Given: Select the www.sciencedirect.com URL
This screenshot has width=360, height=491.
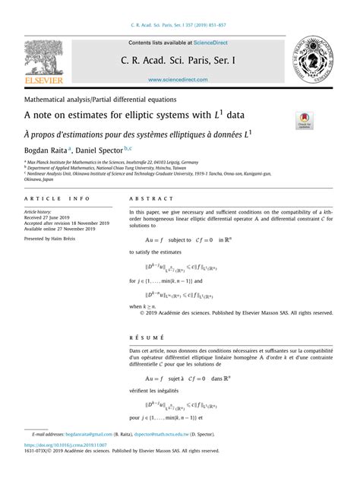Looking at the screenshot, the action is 179,79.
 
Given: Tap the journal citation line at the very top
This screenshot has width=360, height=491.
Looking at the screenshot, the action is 179,24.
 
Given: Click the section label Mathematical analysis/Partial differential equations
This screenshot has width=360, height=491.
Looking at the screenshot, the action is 100,100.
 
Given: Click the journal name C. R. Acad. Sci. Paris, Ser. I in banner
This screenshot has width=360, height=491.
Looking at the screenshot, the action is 179,59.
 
